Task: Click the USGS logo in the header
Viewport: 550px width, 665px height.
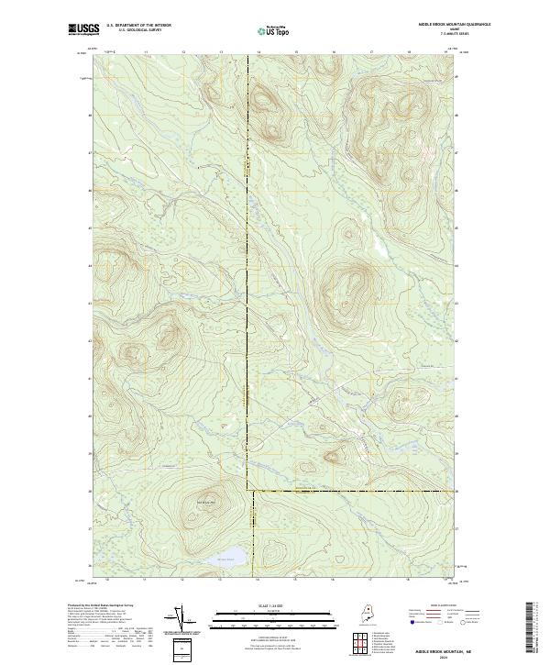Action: point(85,29)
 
